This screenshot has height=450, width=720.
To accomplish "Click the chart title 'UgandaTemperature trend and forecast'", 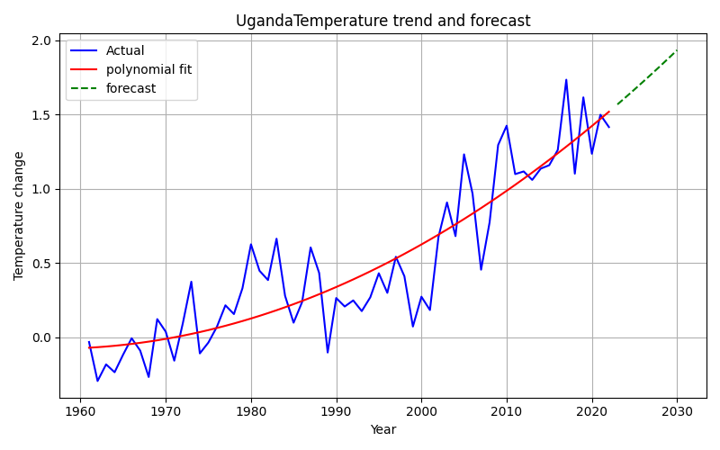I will pos(382,21).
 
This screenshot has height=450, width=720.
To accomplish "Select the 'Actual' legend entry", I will pos(125,51).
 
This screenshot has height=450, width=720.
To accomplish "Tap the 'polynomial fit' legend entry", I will pos(148,70).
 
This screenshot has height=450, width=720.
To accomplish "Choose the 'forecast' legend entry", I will pos(130,89).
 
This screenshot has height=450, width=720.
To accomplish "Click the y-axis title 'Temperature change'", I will pos(19,216).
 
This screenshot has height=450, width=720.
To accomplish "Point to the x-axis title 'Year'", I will pos(382,430).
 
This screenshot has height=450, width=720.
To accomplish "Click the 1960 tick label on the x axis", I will pos(80,411).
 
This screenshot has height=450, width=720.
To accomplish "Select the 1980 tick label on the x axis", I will pos(251,411).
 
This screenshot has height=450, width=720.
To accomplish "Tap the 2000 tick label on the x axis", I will pos(421,411).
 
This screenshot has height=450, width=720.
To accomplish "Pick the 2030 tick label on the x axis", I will pos(677,411).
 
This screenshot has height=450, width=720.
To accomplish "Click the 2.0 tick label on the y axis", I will pos(40,41).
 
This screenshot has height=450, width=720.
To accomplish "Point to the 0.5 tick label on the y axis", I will pos(40,264).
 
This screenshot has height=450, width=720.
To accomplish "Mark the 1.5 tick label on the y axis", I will pos(40,115).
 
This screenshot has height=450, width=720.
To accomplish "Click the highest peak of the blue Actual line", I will pos(566,79).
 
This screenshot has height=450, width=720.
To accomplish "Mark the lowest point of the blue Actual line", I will pos(97,381).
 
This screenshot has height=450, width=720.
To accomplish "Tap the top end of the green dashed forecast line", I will pos(677,50).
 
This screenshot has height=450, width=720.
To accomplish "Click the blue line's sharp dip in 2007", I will pos(481,269).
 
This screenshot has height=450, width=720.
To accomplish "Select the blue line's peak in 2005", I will pos(464,154).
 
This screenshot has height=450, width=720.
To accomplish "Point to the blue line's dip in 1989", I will pos(328,352).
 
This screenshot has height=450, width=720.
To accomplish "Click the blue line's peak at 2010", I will pos(507,125).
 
